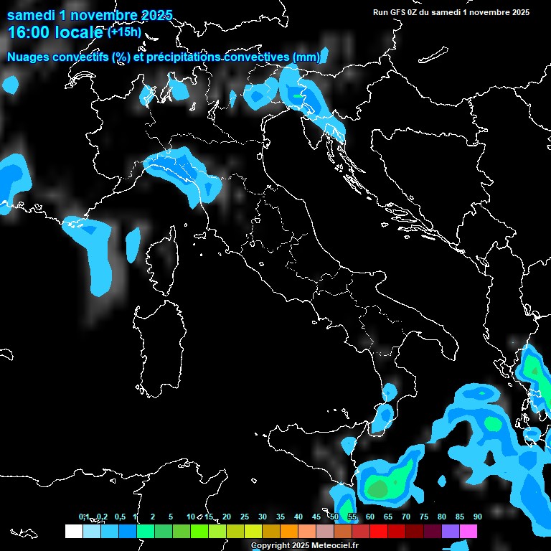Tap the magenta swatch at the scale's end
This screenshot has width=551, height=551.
point(468,531)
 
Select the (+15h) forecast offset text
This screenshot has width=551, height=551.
point(124,32)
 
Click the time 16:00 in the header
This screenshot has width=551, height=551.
point(29,32)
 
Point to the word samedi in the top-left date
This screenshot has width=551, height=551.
point(29,15)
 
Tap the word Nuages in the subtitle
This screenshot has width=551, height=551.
point(29,57)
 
